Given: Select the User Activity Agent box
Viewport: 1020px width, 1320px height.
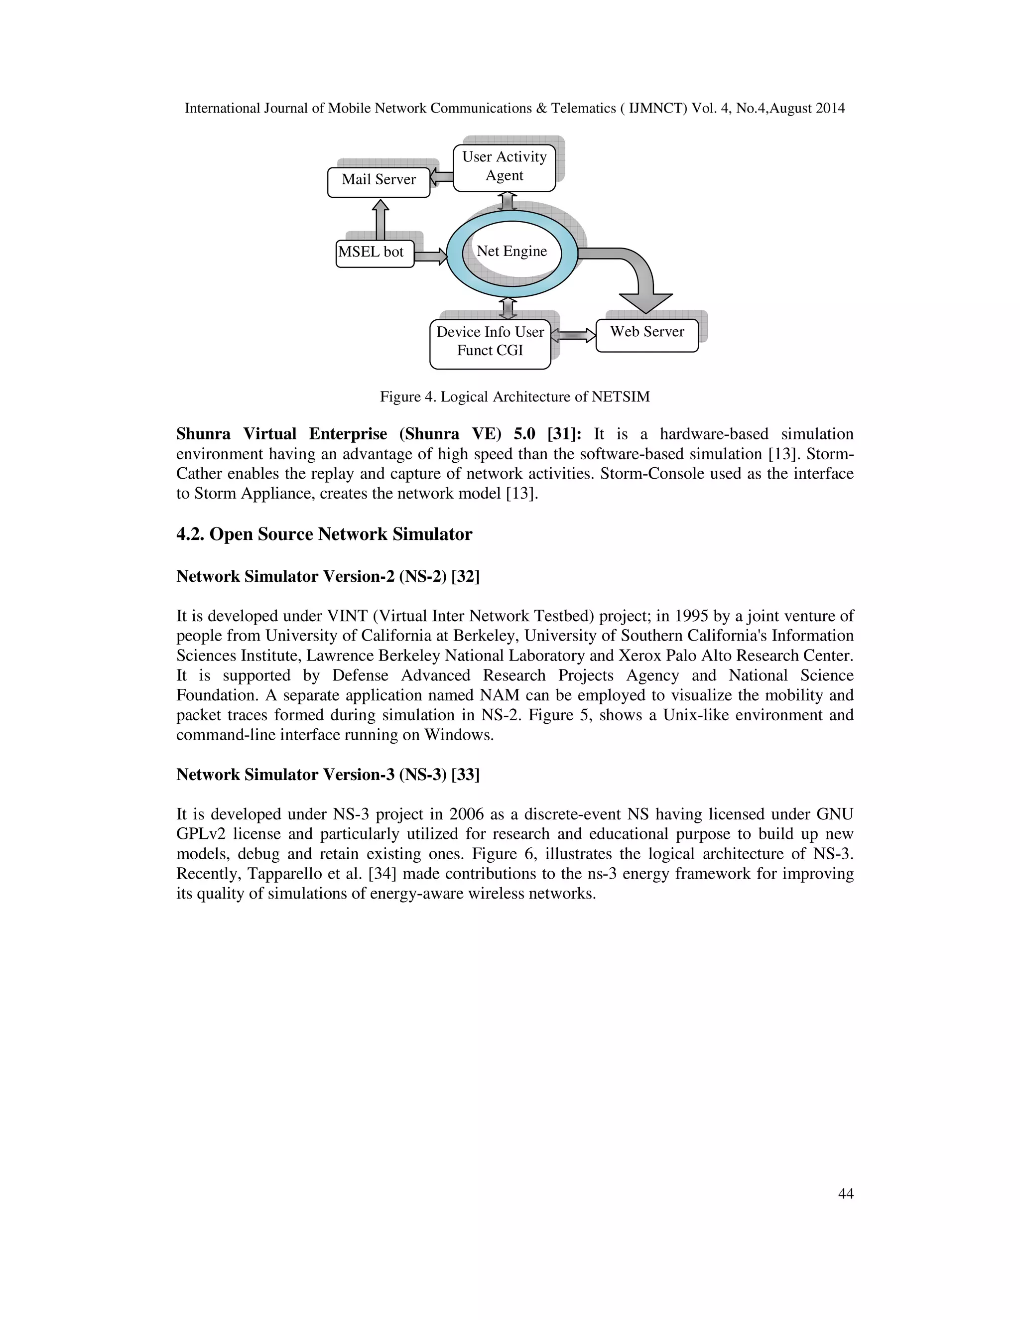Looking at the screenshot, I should [x=504, y=167].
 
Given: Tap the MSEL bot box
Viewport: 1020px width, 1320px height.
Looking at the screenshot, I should [x=375, y=253].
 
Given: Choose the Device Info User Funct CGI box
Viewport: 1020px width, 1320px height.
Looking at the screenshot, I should [x=490, y=343].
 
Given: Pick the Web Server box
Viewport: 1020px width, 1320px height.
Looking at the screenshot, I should [x=646, y=334].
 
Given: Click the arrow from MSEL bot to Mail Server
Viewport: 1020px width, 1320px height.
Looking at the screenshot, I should [x=380, y=221].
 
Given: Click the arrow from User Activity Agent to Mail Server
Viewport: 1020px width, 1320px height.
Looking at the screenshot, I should [x=442, y=177].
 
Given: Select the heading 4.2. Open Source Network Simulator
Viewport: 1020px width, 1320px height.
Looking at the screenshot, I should [x=324, y=534].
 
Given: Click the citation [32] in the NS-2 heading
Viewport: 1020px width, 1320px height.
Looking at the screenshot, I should [x=465, y=577].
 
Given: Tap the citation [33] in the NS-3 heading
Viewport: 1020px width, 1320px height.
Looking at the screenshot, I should [x=465, y=775].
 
